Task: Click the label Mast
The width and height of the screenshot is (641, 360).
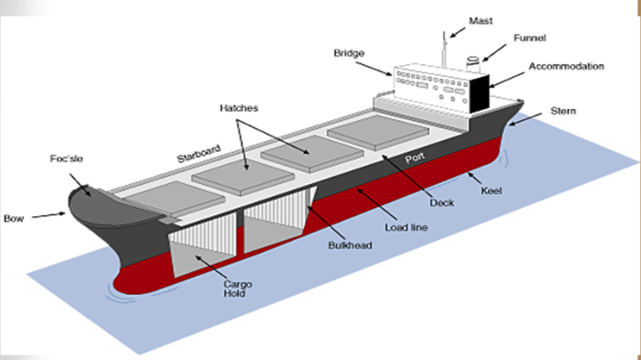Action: point(480,19)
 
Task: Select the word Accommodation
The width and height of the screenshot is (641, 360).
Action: point(565,67)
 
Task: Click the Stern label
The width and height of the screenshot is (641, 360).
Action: point(562,112)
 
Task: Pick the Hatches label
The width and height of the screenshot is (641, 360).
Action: point(239,108)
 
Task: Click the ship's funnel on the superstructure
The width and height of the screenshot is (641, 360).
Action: point(473,64)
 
